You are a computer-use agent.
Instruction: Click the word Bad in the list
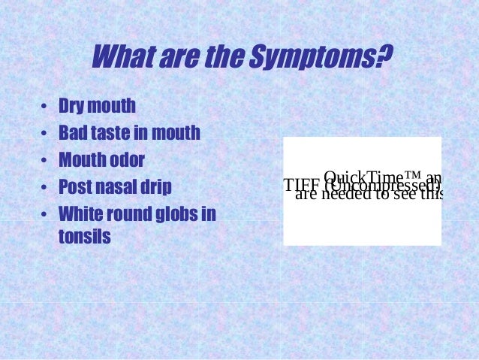click(x=72, y=134)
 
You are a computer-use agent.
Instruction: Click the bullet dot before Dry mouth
click(x=44, y=107)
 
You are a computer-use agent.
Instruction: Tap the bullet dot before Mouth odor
click(x=44, y=161)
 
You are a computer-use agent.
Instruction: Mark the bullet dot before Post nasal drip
click(x=44, y=187)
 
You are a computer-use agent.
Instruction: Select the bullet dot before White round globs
click(x=44, y=214)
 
